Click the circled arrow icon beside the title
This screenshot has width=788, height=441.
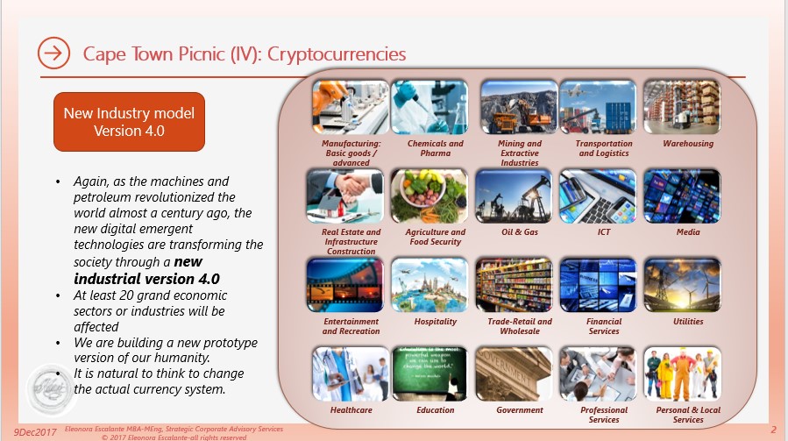[x=53, y=53]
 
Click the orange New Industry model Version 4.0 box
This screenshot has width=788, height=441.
[x=129, y=122]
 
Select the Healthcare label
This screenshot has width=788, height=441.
[x=351, y=409]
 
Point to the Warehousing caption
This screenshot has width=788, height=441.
[x=688, y=144]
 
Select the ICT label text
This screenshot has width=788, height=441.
[x=604, y=232]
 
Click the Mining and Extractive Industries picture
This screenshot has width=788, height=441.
[x=519, y=107]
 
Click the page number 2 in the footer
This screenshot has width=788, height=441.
[x=773, y=430]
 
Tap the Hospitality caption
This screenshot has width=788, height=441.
[x=436, y=322]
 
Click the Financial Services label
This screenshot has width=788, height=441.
[x=604, y=326]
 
